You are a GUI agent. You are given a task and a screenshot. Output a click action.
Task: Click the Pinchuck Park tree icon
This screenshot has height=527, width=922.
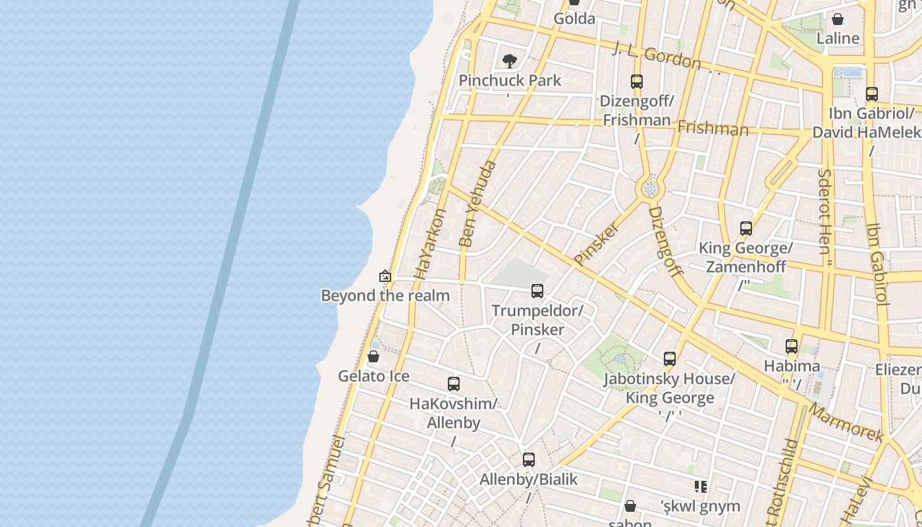coord(509,61)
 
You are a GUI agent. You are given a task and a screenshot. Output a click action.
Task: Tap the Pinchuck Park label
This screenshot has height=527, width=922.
coord(510,80)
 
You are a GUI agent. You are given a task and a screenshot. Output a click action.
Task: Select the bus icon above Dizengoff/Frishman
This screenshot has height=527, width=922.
coord(637,82)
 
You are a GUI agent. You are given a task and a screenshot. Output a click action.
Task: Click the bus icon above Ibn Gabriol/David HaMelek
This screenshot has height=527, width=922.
coord(872,94)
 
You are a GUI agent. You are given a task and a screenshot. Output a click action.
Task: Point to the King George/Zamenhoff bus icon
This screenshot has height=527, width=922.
coord(746,229)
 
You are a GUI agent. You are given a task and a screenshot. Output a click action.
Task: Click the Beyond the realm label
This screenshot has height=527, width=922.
coord(385,295)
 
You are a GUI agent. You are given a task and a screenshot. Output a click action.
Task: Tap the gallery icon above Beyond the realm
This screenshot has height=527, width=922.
coord(385,276)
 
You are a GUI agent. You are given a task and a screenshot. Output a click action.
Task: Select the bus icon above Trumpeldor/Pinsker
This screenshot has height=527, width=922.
coord(537,291)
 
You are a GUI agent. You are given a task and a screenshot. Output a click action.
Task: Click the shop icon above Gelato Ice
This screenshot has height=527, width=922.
coord(373,356)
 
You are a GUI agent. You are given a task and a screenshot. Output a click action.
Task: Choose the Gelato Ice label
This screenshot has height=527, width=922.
coord(373,376)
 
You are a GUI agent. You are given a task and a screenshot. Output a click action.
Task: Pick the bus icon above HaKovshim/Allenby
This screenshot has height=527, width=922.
coord(454,384)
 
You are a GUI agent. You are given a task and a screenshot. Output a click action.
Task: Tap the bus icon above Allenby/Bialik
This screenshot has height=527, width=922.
coord(529,460)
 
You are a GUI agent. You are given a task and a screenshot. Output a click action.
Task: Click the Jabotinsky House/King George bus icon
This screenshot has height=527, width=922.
coord(670,359)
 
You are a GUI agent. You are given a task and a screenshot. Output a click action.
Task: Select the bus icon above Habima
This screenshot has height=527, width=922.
coord(792,347)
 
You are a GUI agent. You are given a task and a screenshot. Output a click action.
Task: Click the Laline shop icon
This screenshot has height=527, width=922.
coord(838,19)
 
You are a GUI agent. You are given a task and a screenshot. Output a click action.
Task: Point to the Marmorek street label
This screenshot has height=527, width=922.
coord(846,422)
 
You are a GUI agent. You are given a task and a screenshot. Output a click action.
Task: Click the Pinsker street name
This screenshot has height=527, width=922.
coord(597,244)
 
